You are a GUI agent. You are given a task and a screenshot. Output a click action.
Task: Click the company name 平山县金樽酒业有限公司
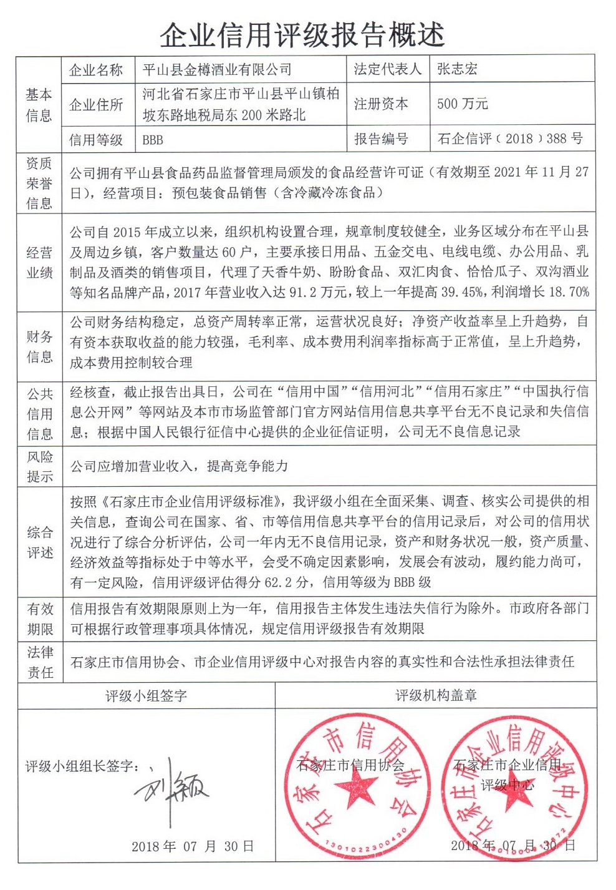[x=216, y=70]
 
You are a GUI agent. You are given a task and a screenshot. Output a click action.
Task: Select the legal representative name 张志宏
[x=457, y=69]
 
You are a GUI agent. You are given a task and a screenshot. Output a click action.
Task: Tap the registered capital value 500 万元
[x=462, y=104]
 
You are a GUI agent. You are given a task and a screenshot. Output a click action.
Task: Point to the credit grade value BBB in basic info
[x=153, y=140]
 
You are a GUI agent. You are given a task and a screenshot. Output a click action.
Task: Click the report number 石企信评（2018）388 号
[x=510, y=139]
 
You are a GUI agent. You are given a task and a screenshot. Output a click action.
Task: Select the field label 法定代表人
[x=387, y=69]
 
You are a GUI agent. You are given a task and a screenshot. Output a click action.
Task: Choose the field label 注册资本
[x=381, y=104]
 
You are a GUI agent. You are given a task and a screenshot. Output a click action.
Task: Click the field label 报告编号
[x=381, y=139]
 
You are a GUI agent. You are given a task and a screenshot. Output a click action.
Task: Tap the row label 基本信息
[x=39, y=105]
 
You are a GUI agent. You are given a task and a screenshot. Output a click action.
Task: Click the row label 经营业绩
[x=39, y=263]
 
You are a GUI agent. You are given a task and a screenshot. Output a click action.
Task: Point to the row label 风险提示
[x=39, y=466]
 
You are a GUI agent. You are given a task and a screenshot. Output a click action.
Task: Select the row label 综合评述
[x=39, y=542]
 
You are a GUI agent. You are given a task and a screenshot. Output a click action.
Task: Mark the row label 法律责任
[x=40, y=662]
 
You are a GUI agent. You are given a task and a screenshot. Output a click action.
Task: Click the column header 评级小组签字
[x=146, y=695]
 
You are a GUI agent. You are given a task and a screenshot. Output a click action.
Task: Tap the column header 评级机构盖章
[x=436, y=695]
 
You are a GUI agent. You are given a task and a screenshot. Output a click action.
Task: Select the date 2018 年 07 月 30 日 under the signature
[x=193, y=846]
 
